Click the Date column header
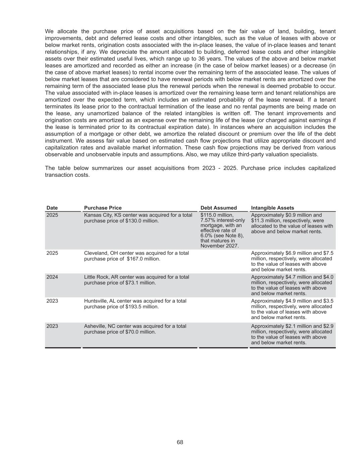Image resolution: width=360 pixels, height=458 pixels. point(52,208)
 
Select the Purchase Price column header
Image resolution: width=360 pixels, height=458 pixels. point(103,208)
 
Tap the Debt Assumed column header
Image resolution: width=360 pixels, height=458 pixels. point(218,208)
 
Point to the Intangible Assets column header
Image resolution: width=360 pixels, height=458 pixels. point(272,208)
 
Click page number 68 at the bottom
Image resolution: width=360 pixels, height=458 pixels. point(180,442)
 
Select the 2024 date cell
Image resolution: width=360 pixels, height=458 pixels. point(52,277)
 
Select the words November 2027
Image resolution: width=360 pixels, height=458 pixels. point(219,246)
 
